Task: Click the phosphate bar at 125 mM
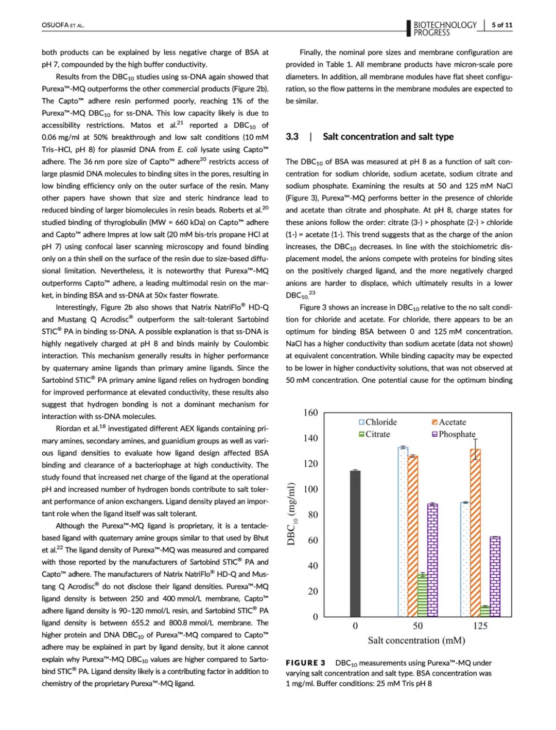click(495, 577)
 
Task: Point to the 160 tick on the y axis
click(310, 413)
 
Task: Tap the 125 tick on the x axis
click(480, 626)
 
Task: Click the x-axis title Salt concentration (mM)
click(416, 640)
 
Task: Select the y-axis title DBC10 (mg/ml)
click(292, 514)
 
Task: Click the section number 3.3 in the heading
click(292, 136)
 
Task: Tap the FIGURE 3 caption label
click(306, 663)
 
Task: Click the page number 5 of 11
click(502, 25)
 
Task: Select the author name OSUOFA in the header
click(55, 25)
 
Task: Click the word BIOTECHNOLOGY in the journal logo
click(445, 25)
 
